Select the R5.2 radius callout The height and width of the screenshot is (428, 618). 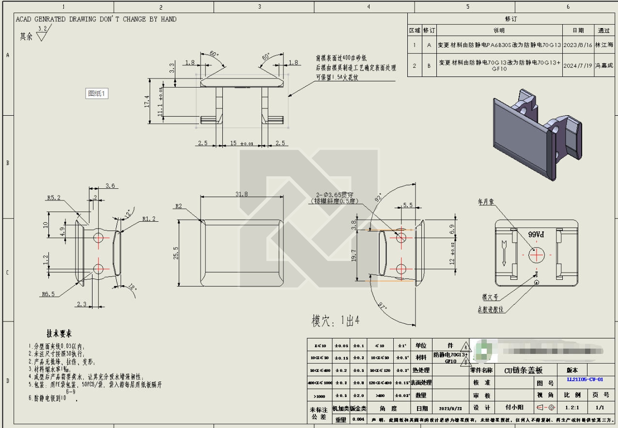[x=54, y=198]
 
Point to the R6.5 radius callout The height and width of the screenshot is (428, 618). [x=48, y=294]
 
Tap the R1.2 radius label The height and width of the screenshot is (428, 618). [x=149, y=218]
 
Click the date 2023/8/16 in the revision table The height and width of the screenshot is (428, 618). [x=578, y=45]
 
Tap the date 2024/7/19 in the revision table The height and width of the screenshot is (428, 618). [x=578, y=65]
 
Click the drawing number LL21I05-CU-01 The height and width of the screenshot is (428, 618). [x=585, y=380]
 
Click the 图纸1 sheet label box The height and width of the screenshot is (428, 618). [x=96, y=94]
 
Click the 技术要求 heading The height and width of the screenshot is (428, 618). [x=60, y=334]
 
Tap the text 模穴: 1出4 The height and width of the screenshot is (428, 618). [x=335, y=320]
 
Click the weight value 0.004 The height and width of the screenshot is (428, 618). [x=358, y=419]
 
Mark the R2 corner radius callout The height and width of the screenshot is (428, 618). [x=179, y=206]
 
